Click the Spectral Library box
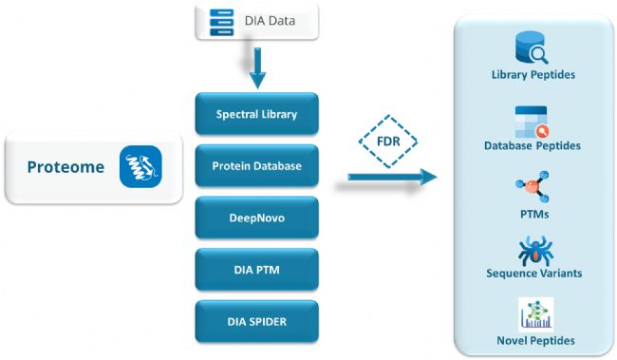point(256,114)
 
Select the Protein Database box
point(256,166)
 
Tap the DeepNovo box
point(256,218)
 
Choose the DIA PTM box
point(256,270)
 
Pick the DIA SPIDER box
point(256,321)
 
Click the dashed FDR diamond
point(388,141)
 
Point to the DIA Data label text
point(270,21)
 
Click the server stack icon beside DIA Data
point(221,22)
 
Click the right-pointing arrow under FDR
point(392,178)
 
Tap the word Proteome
point(65,167)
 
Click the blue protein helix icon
point(140,166)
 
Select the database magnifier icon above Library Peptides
point(532,47)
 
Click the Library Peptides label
point(533,74)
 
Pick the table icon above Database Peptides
point(532,122)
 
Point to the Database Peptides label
point(533,145)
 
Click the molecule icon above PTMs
point(533,187)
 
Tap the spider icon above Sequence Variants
point(535,251)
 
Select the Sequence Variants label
point(534,273)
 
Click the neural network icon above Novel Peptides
point(536,314)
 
